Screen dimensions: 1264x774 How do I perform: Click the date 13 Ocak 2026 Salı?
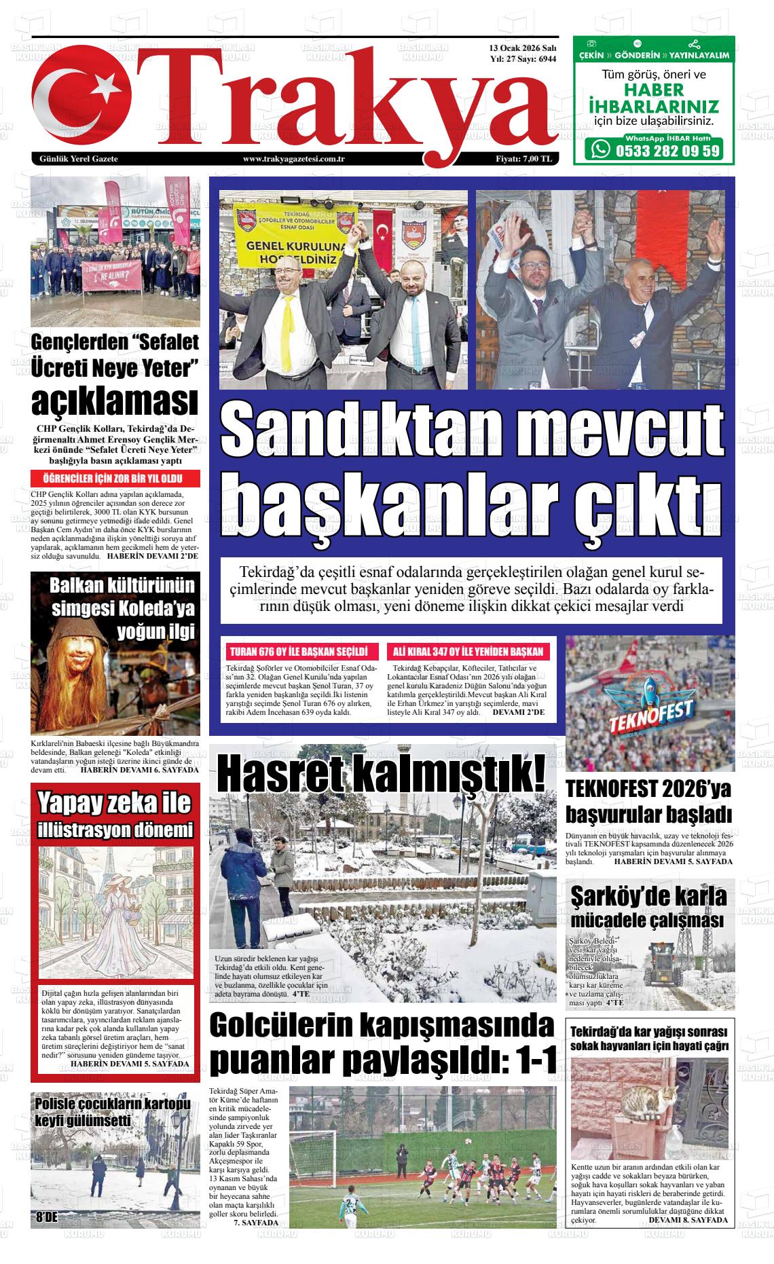point(522,49)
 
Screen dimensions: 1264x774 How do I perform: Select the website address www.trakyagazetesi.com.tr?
point(295,159)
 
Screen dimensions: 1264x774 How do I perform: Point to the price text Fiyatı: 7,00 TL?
point(523,159)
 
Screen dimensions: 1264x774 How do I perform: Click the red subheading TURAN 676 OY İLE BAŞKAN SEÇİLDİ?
point(299,652)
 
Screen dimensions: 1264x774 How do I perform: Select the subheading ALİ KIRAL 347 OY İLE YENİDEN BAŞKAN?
point(468,652)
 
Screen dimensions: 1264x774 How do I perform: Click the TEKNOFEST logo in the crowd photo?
point(650,709)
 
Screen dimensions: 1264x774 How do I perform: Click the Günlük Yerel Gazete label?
point(79,159)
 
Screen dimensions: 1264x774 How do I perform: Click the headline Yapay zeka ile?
point(115,803)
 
